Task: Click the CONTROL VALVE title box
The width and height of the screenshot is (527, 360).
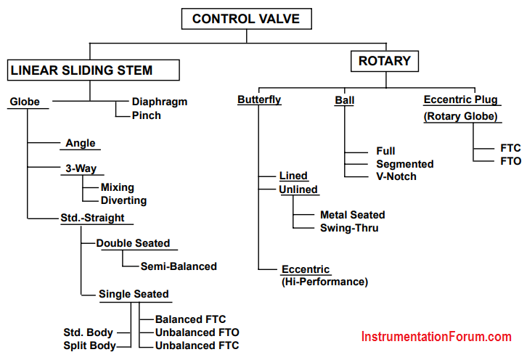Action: [x=246, y=19]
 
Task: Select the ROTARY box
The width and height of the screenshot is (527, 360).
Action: [x=385, y=61]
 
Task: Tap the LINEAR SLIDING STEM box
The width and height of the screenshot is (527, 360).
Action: [x=93, y=70]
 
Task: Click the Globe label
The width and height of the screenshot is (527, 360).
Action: [x=25, y=102]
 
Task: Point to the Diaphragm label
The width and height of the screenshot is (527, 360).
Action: [x=160, y=102]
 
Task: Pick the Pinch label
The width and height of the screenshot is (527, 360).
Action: [x=146, y=115]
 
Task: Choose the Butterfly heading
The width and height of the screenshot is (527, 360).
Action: [x=259, y=100]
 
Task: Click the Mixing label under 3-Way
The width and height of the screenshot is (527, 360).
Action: [x=118, y=187]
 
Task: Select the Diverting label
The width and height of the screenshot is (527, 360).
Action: [x=123, y=200]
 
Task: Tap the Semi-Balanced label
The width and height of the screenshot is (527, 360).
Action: [x=179, y=266]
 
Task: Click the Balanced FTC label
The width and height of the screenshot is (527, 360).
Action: [x=190, y=319]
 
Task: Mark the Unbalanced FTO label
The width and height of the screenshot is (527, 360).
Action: [x=197, y=332]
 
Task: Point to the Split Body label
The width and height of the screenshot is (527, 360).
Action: [x=89, y=345]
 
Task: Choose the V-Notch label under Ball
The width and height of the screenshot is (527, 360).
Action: [x=396, y=176]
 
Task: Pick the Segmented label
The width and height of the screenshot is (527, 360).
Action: [x=405, y=164]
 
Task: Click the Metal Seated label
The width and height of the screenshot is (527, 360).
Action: [x=353, y=215]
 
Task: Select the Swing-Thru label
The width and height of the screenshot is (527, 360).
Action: [x=349, y=228]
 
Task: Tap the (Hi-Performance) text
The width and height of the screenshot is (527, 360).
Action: [x=324, y=282]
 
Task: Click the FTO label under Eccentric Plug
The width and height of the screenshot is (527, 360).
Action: [x=510, y=161]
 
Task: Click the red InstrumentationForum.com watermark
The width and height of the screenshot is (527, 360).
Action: [x=436, y=337]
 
